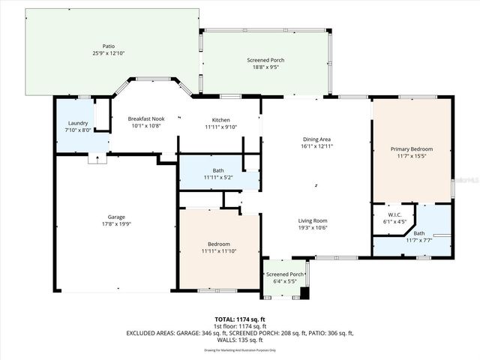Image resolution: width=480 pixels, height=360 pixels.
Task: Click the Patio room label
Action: pyautogui.click(x=109, y=46)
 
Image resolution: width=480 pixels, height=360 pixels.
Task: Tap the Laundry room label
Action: pyautogui.click(x=78, y=124)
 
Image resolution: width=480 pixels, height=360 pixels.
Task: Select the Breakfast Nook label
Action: pyautogui.click(x=145, y=119)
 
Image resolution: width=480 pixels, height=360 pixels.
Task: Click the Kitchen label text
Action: pyautogui.click(x=220, y=120)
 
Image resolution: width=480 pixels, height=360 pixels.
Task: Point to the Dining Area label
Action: pyautogui.click(x=316, y=139)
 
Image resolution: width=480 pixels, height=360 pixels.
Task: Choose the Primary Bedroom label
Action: pyautogui.click(x=412, y=149)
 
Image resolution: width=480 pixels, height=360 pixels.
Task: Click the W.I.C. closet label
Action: pyautogui.click(x=394, y=214)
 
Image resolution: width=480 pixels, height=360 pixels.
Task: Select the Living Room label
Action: pyautogui.click(x=313, y=220)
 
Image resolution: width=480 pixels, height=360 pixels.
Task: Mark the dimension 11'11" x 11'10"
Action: pyautogui.click(x=219, y=251)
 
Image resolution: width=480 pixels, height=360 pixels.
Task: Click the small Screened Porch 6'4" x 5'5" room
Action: pyautogui.click(x=285, y=277)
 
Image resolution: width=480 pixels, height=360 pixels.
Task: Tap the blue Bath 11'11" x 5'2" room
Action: pyautogui.click(x=218, y=173)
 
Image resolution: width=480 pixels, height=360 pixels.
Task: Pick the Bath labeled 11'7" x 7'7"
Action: pyautogui.click(x=418, y=235)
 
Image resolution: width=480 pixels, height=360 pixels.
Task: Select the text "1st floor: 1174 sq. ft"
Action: pyautogui.click(x=239, y=326)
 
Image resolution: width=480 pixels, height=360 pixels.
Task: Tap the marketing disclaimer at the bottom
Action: pyautogui.click(x=239, y=349)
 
